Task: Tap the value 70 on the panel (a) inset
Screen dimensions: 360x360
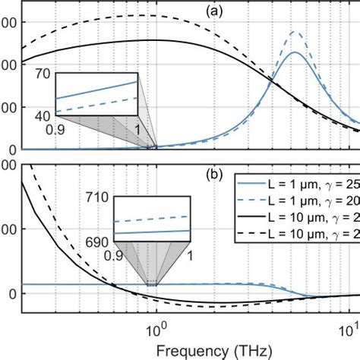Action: [x=41, y=74]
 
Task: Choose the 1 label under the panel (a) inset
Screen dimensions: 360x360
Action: [x=137, y=130]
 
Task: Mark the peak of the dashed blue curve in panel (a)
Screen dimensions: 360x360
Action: [x=295, y=32]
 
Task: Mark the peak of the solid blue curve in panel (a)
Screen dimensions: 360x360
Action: [x=295, y=52]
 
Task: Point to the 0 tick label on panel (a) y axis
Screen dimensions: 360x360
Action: [x=9, y=149]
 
